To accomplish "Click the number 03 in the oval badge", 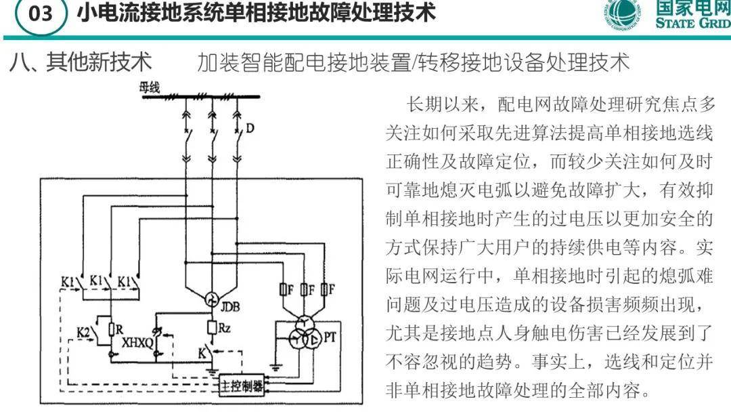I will pos(40,14).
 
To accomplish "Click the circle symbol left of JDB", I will pos(211,297).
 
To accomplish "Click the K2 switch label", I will pos(83,331).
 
